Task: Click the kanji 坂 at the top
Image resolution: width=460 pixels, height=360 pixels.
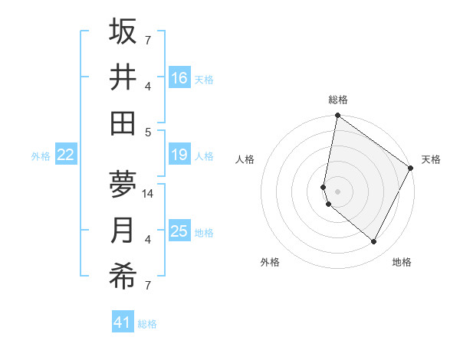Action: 123,32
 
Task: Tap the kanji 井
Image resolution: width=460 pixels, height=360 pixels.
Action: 123,77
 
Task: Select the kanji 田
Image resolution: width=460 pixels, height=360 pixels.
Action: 123,123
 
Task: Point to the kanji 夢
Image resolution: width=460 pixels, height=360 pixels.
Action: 123,185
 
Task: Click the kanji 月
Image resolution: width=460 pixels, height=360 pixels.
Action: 123,231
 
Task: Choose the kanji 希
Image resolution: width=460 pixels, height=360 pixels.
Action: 123,277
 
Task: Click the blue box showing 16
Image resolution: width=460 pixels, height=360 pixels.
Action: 179,79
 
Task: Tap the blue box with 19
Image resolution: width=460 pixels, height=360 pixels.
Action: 179,155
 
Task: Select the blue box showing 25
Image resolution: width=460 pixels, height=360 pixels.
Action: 179,232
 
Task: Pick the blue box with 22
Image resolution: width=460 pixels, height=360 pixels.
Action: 66,155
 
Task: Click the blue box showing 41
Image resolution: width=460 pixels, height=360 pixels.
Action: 123,322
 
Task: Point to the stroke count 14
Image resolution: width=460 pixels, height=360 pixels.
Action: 149,193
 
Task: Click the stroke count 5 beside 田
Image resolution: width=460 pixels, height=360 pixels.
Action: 149,132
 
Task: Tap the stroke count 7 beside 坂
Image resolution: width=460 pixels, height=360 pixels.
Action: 148,41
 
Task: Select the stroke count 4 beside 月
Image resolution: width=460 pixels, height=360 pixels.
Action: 148,240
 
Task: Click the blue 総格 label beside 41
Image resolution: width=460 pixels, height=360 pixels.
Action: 147,324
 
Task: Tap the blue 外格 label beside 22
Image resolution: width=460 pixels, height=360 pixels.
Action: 41,156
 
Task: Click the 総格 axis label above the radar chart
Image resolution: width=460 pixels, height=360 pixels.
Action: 338,100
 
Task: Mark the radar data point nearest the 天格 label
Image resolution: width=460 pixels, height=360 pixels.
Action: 411,169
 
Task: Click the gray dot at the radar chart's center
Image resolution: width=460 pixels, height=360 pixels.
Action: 337,191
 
